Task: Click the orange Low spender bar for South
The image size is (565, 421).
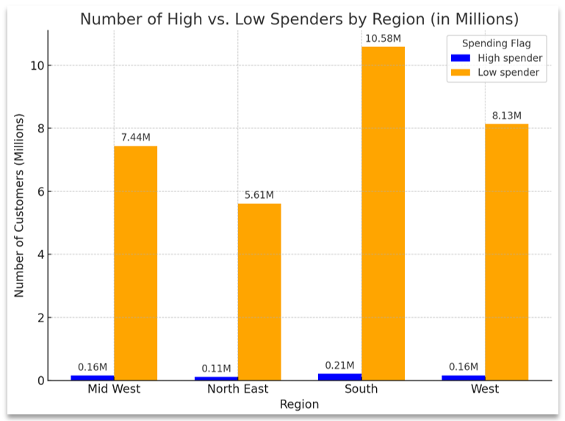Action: coord(383,213)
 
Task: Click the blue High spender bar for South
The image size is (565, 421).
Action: coord(339,377)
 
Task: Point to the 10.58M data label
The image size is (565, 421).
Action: coord(383,38)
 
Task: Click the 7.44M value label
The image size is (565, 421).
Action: coord(135,138)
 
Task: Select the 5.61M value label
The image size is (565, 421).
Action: coord(259,195)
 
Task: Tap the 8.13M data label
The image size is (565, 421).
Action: coord(506,116)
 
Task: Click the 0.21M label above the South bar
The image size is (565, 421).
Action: coord(339,365)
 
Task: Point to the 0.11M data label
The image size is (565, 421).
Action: coord(216,368)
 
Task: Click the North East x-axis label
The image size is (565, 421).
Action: coord(237,389)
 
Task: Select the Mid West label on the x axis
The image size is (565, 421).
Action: coord(114,389)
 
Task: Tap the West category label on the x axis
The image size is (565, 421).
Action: coord(485,389)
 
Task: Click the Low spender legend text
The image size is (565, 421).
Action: coord(508,72)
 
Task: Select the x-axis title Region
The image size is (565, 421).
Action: coord(299,404)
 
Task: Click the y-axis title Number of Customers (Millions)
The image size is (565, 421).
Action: coord(19,205)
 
